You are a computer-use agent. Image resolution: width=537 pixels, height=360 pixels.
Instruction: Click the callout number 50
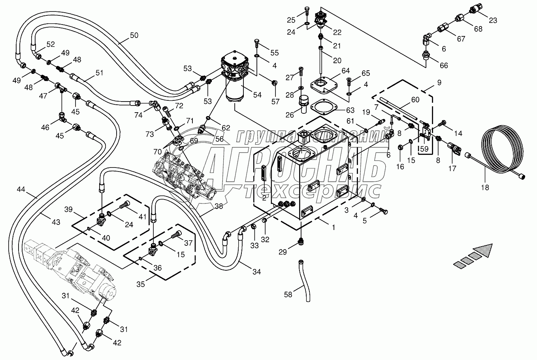coord(134,35)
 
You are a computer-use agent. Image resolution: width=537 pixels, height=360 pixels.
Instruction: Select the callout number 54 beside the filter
coord(257,95)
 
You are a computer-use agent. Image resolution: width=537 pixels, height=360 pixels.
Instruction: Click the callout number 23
coord(493,21)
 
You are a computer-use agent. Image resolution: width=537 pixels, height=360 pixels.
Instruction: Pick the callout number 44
coord(21,190)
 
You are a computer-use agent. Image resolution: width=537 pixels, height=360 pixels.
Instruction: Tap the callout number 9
coord(439,83)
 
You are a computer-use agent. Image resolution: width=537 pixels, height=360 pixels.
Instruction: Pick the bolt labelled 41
coord(124,205)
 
